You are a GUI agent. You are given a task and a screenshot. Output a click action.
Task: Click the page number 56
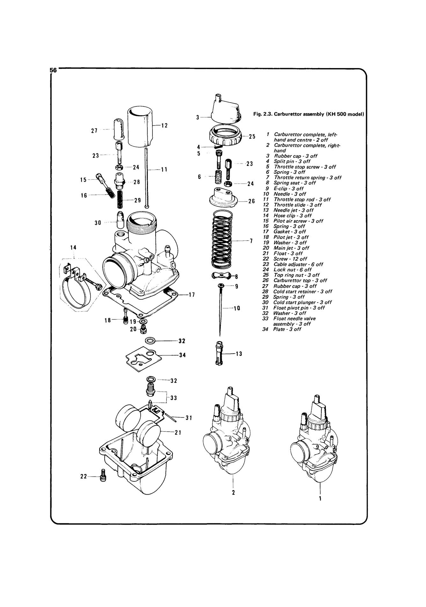tap(53, 70)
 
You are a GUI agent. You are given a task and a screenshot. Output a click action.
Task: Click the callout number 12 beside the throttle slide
tap(164, 126)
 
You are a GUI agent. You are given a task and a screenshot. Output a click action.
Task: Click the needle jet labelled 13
tap(219, 354)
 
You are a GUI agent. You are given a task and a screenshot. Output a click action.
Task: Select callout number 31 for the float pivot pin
tap(189, 418)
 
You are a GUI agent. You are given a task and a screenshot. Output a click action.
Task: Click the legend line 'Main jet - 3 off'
tap(291, 248)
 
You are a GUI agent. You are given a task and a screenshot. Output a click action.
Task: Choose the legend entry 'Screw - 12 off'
tap(290, 259)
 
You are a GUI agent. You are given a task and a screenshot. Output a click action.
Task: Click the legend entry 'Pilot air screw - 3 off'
tap(298, 221)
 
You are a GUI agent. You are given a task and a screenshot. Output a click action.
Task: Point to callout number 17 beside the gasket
tap(192, 295)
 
